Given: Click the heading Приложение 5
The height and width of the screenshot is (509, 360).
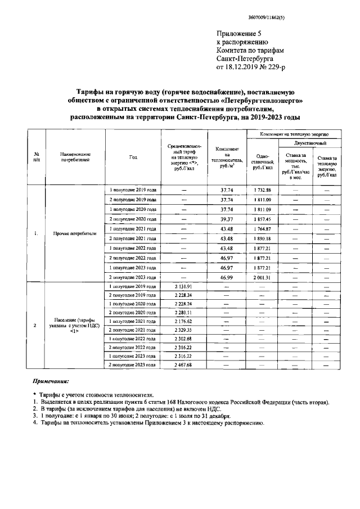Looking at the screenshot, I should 239,34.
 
